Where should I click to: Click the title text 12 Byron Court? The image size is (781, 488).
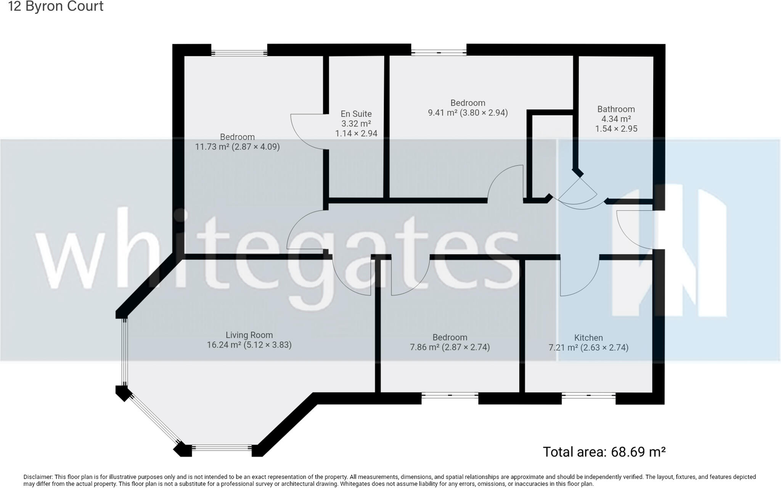coord(56,6)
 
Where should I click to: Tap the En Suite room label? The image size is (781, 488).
coord(356,114)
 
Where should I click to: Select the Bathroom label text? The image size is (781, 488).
coord(615,109)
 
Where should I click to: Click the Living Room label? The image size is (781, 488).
coord(249,335)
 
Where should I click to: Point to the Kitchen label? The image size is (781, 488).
coord(588,337)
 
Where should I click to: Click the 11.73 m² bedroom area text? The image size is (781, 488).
coord(237,147)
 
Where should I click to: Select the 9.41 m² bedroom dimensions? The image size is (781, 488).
coord(468,113)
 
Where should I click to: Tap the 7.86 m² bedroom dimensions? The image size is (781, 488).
coord(450,347)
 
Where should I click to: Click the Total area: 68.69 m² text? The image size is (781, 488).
coord(604,452)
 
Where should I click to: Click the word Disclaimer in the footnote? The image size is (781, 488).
coord(37,477)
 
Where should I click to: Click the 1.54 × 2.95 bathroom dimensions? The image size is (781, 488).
coord(616,129)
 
